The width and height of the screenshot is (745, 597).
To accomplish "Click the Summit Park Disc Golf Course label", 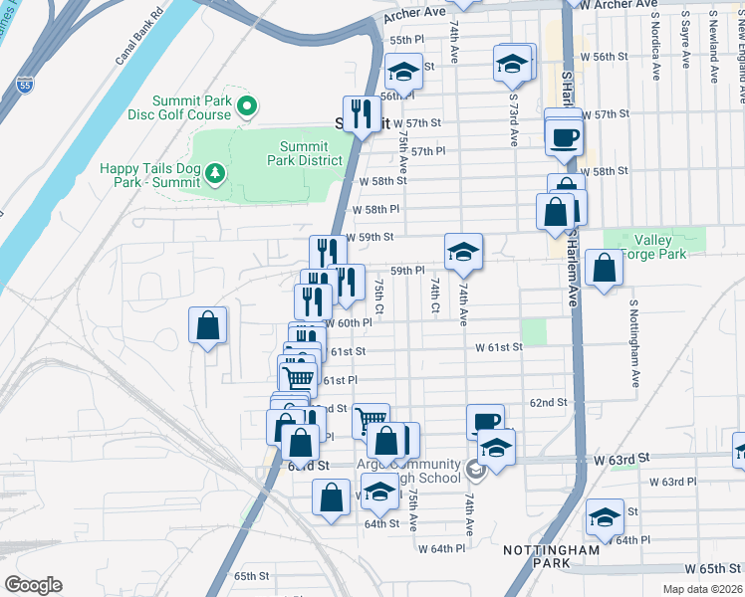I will (191, 107).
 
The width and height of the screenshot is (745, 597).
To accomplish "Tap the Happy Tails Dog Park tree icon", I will (215, 175).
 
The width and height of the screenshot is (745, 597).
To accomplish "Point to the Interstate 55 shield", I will (25, 86).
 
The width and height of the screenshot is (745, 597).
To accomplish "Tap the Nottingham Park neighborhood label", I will (551, 556).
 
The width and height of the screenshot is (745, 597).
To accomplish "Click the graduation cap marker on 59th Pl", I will (463, 251).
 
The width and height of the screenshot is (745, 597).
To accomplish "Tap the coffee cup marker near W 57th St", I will (565, 136).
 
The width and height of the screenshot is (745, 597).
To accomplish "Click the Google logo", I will (34, 584).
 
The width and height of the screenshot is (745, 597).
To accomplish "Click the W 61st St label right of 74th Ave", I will (499, 347).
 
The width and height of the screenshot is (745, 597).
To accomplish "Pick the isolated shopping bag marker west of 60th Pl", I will (207, 325).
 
